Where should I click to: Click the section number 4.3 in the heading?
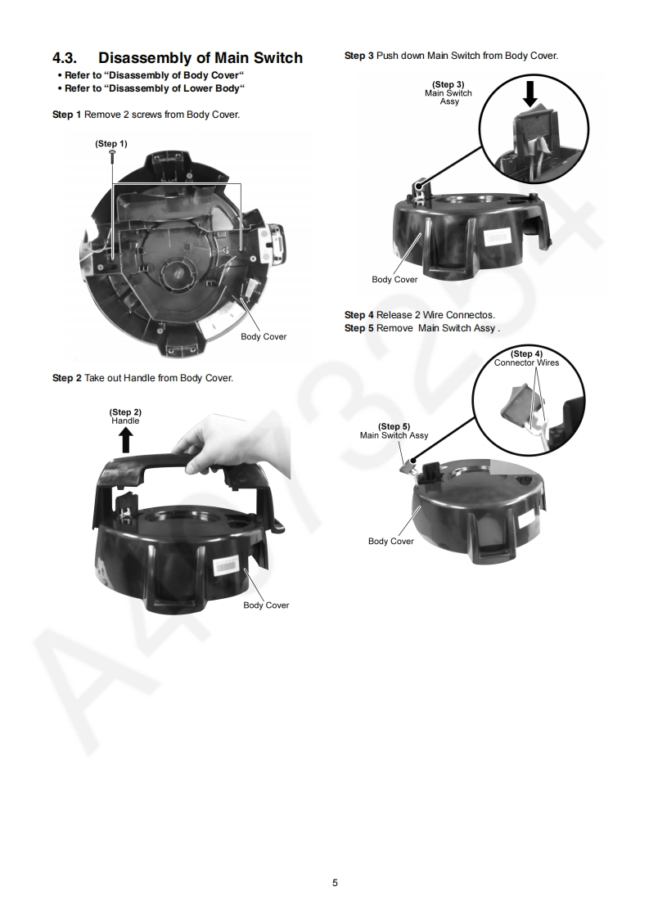point(65,58)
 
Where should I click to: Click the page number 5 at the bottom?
point(335,883)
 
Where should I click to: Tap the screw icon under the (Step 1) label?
point(112,155)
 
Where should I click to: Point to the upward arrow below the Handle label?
point(126,440)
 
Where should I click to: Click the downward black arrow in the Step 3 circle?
point(530,93)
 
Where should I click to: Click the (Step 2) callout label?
point(125,412)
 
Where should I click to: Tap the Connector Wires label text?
point(526,363)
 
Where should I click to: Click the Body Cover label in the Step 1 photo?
point(264,336)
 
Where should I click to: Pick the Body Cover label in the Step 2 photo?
point(266,605)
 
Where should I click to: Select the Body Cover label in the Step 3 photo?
point(394,279)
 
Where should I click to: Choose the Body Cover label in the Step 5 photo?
point(390,541)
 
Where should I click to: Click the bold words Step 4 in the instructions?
point(359,315)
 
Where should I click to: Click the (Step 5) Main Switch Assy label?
point(394,431)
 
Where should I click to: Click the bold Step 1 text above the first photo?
point(67,115)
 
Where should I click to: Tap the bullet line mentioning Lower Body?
point(151,88)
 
